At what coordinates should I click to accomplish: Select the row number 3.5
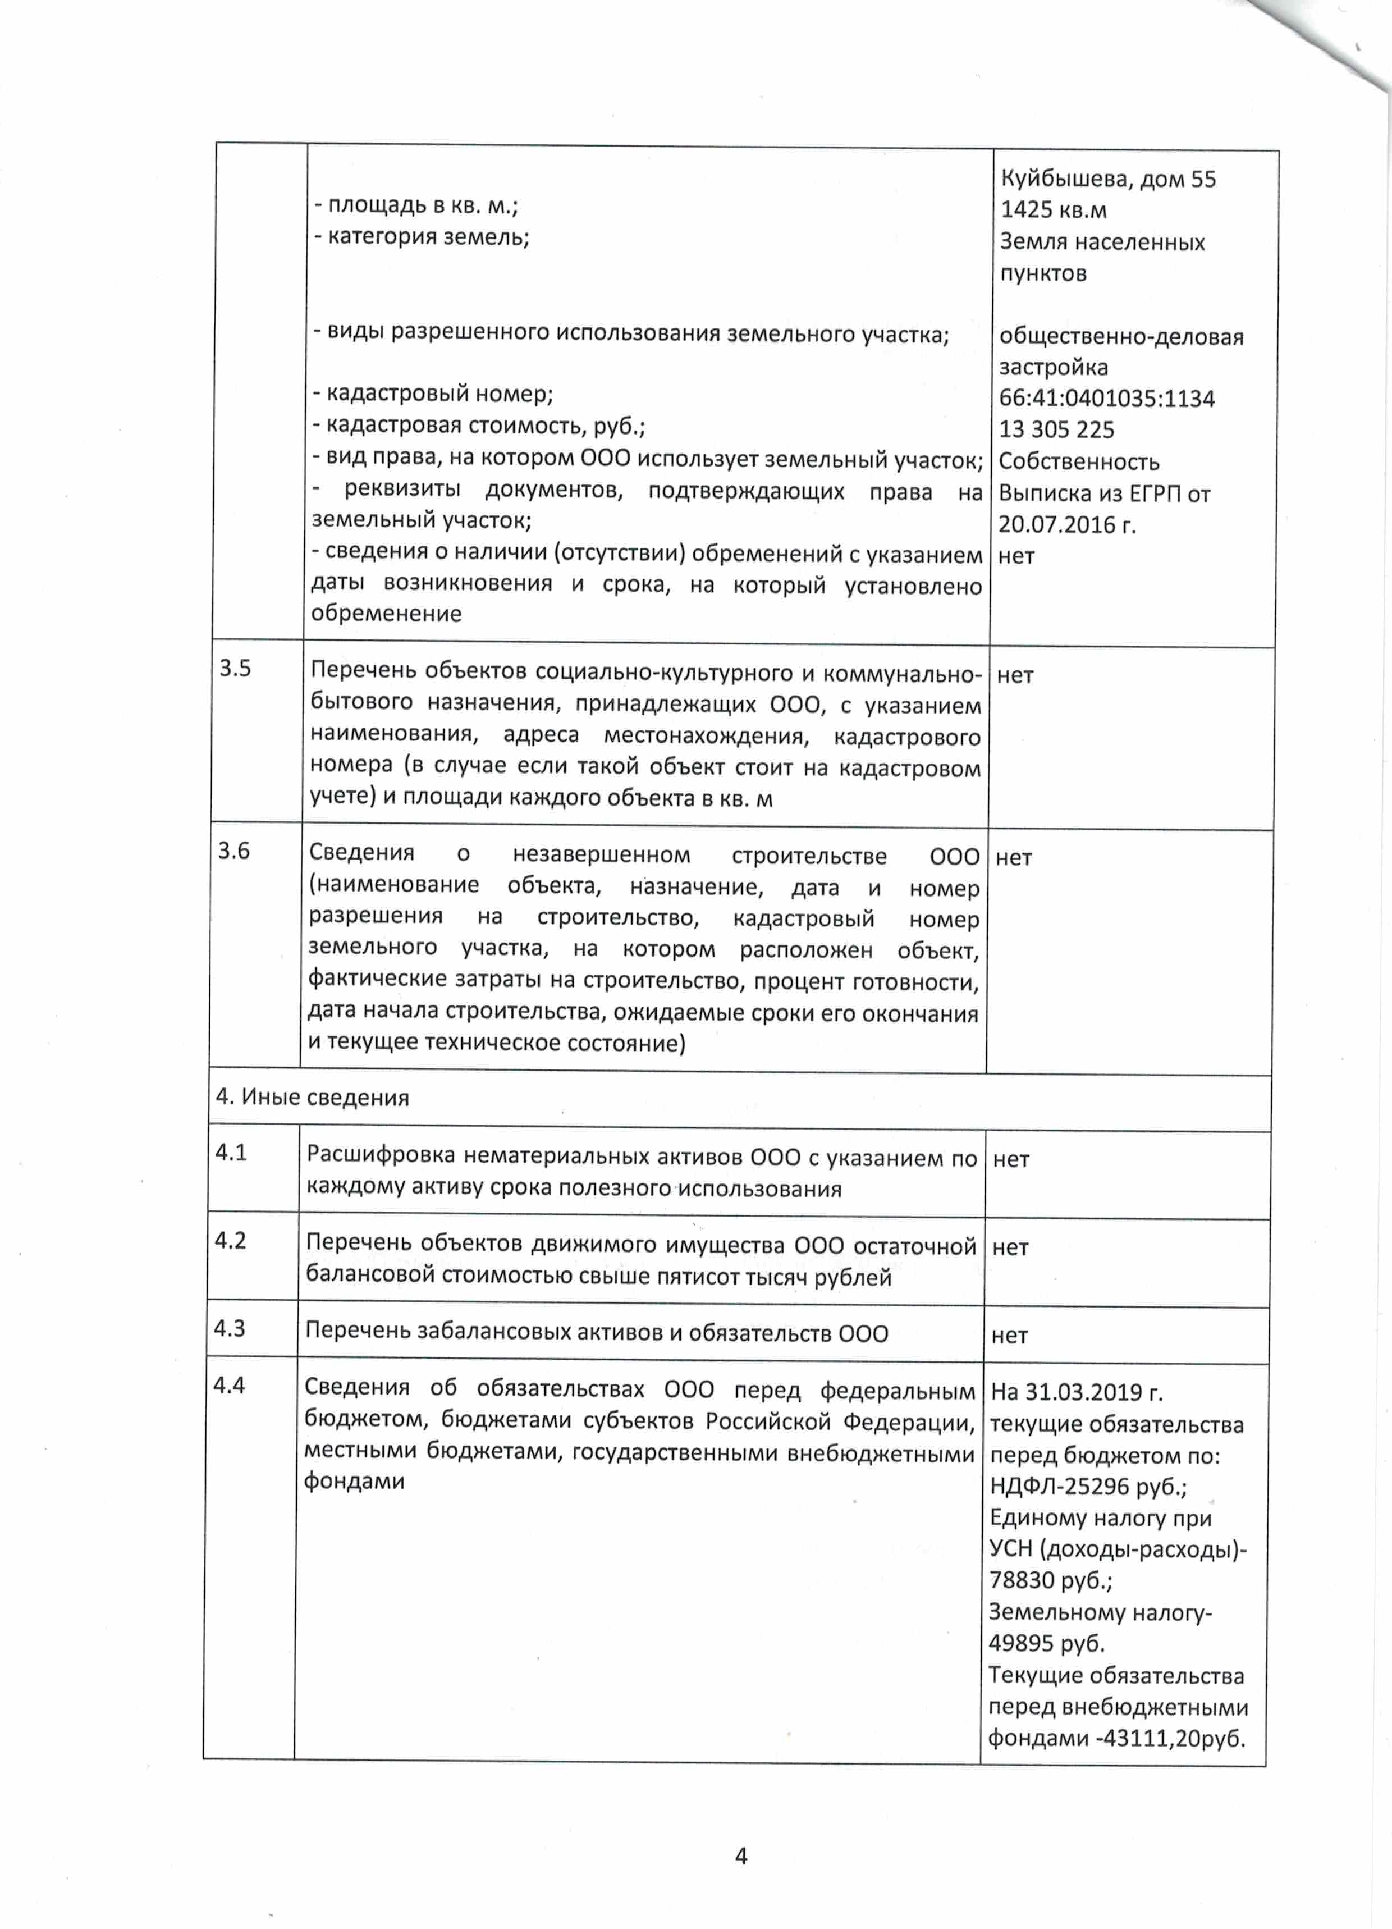236,669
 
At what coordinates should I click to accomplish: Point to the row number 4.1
231,1153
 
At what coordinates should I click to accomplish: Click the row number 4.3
230,1328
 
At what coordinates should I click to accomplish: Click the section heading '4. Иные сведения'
312,1097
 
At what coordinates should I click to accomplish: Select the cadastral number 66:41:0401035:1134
1106,398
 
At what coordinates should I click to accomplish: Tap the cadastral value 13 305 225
1056,429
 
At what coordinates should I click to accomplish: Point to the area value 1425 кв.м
1053,210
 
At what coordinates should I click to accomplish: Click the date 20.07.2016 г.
1066,525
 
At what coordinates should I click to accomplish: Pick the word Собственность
1078,462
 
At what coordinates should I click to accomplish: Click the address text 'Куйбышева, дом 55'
1107,179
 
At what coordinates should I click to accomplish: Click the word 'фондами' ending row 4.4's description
354,1481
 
